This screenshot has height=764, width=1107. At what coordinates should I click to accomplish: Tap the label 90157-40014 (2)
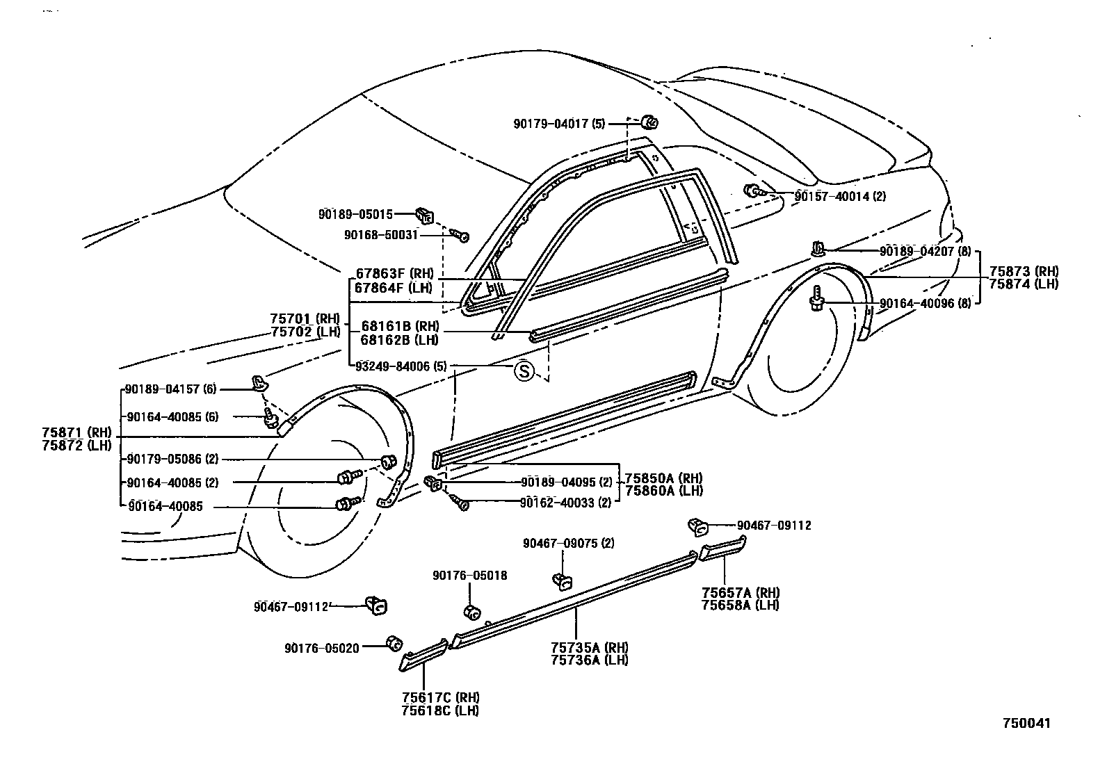click(x=840, y=197)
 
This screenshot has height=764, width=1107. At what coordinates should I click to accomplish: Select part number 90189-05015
click(x=355, y=215)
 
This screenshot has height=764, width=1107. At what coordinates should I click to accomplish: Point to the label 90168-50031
click(x=380, y=235)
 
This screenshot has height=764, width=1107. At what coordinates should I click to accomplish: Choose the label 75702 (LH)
click(x=305, y=331)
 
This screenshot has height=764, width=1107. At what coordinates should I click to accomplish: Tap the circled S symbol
click(x=524, y=371)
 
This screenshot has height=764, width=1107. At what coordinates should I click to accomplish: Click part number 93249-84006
click(x=392, y=366)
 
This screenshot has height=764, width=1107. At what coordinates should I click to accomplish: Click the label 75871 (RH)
click(x=76, y=432)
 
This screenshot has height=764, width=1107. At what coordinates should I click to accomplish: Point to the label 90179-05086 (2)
click(x=172, y=460)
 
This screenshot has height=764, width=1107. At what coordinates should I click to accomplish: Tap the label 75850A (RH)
click(x=663, y=478)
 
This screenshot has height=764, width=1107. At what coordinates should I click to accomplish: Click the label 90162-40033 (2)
click(x=565, y=503)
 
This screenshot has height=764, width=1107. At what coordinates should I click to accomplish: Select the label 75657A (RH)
click(x=741, y=592)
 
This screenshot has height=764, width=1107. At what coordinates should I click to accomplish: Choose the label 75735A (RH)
click(x=589, y=648)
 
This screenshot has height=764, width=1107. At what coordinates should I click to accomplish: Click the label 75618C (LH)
click(x=440, y=710)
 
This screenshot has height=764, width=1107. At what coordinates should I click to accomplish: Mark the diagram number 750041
click(x=1026, y=723)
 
